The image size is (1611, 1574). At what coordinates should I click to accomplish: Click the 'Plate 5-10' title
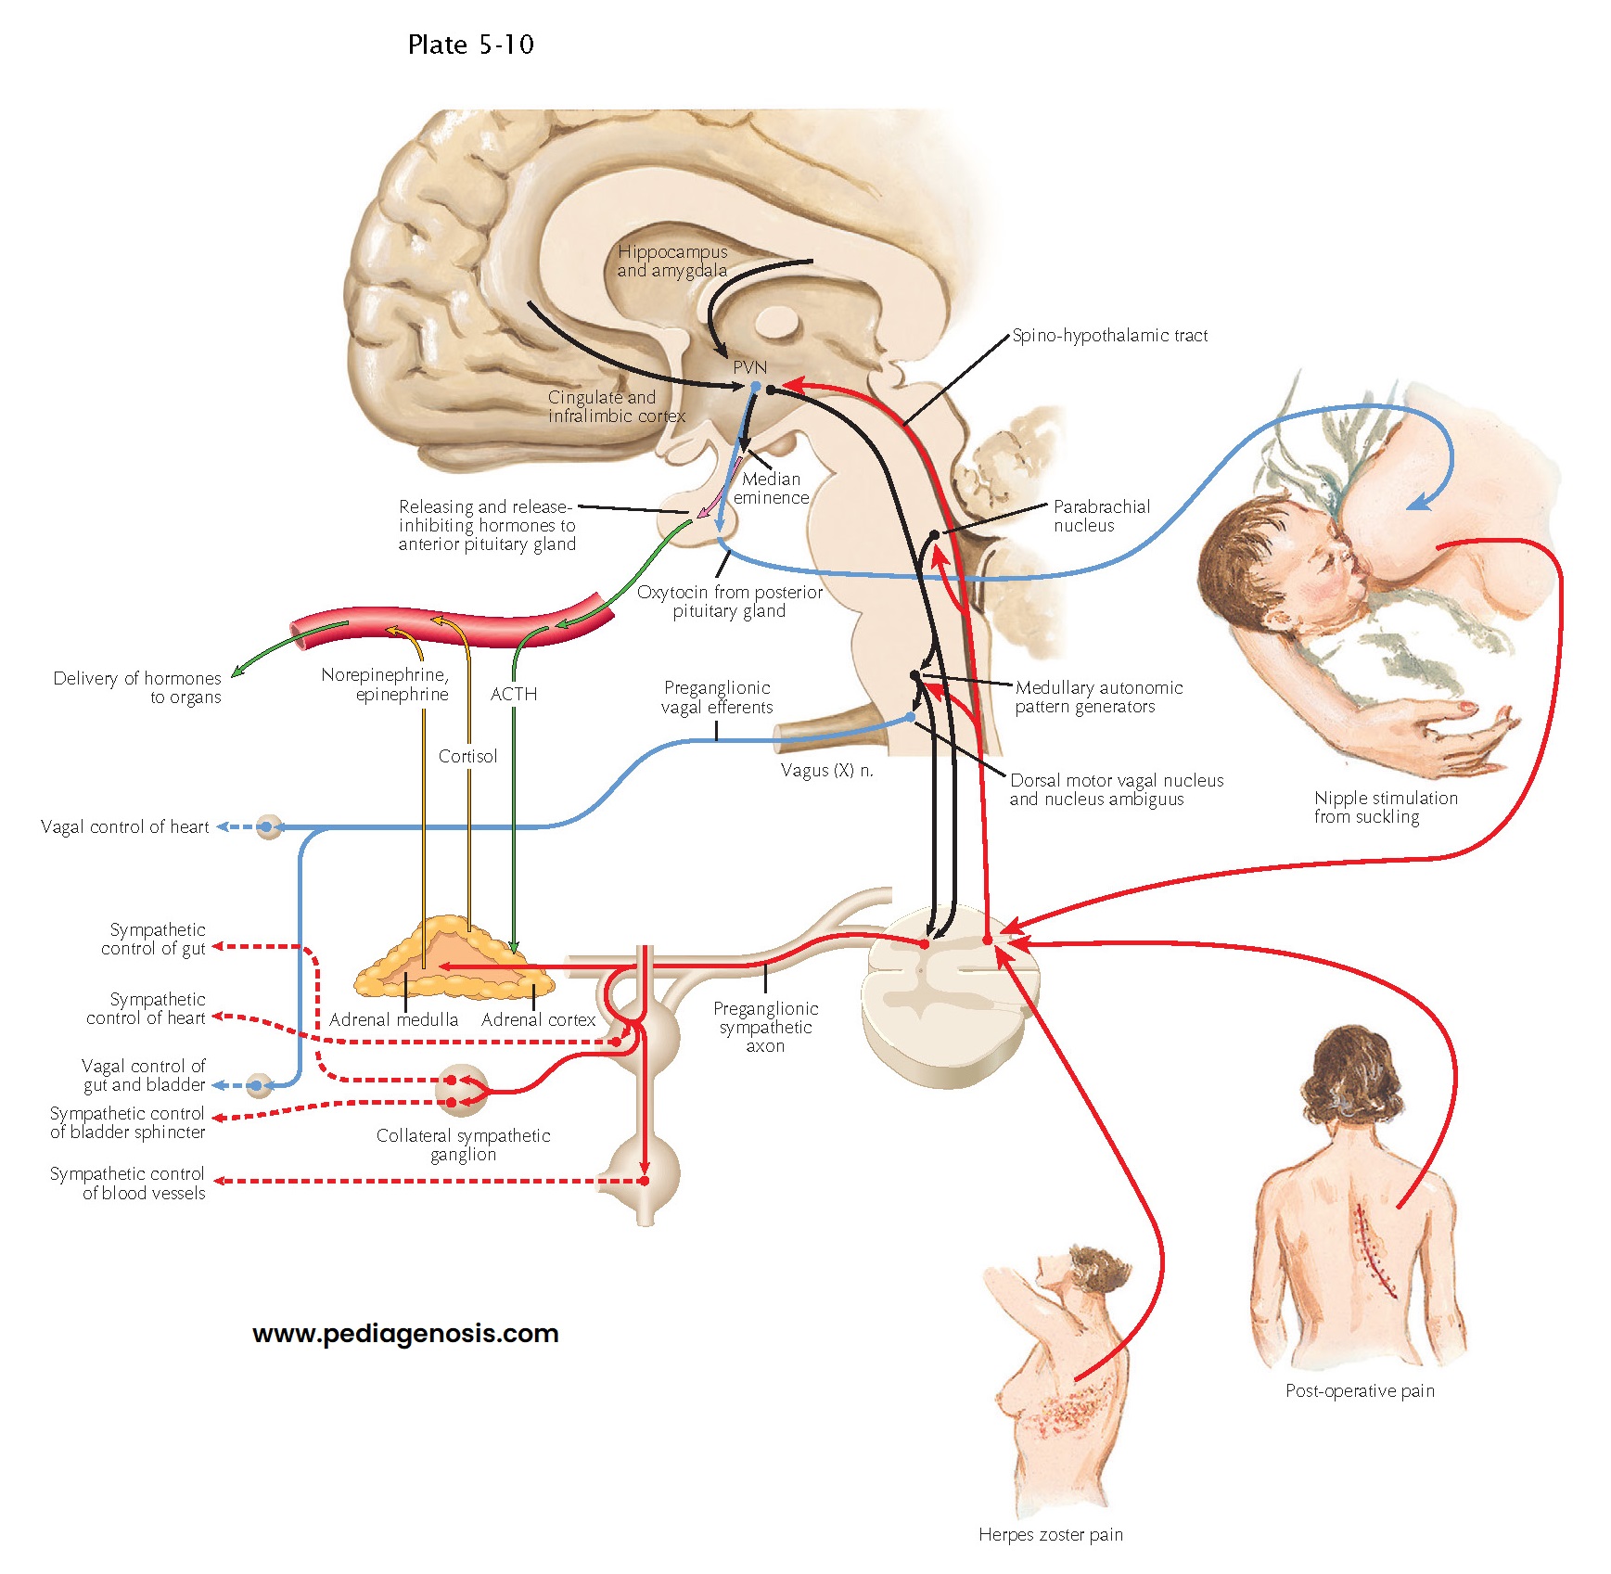(470, 45)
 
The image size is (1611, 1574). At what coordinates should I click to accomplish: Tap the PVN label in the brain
(749, 367)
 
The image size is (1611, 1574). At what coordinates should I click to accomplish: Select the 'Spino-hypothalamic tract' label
(1109, 336)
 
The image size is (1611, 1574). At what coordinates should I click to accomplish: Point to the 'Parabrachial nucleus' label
(1101, 516)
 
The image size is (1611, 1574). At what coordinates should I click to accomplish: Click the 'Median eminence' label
(771, 488)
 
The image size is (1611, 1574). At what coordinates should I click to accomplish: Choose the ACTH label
(514, 694)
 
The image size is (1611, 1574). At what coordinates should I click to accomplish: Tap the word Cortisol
(467, 756)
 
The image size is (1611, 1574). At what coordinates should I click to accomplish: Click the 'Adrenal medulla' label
(393, 1019)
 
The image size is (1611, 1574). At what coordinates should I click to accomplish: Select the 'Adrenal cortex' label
(538, 1019)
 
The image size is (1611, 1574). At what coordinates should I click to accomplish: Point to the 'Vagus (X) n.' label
(826, 770)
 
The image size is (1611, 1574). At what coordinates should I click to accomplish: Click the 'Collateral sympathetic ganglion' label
(463, 1145)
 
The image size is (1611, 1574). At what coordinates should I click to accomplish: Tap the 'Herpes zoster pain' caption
(1050, 1534)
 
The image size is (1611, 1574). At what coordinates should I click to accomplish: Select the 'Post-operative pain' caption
(1360, 1390)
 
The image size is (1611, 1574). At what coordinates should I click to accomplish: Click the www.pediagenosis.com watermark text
(405, 1333)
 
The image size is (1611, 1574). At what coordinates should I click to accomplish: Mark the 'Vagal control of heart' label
(125, 826)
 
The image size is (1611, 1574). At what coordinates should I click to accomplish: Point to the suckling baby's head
(1271, 566)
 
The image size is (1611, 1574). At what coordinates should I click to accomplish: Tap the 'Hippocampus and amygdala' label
(672, 261)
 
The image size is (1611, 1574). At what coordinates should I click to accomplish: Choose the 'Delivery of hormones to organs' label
(137, 687)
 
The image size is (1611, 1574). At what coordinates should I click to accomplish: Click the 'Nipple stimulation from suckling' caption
(1385, 807)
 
